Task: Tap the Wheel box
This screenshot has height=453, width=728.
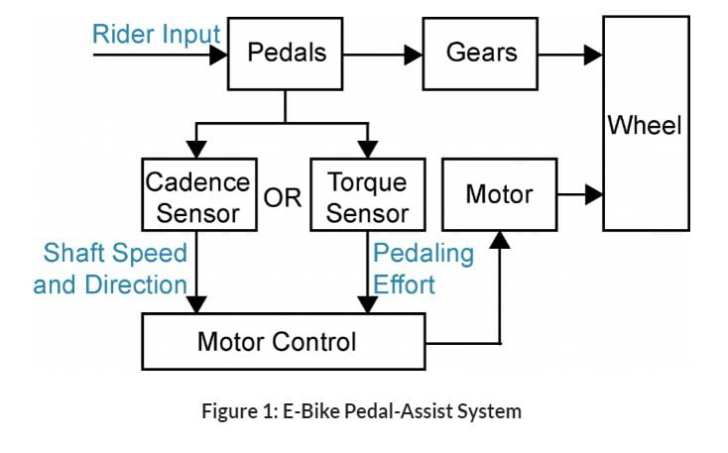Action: coord(645,124)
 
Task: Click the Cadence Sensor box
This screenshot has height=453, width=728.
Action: coord(198,195)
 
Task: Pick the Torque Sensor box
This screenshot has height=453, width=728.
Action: coord(367,195)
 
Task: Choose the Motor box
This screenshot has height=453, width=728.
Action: coord(498,194)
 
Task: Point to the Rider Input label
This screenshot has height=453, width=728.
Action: coord(156,35)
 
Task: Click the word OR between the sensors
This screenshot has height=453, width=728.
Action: coord(283,197)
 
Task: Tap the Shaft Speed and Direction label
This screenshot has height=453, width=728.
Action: coord(111,269)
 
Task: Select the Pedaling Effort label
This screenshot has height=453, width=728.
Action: coord(423,269)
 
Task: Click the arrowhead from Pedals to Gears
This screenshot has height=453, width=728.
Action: coord(414,55)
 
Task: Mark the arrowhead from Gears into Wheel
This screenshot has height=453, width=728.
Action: coord(593,55)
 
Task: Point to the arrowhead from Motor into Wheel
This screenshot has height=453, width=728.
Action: coord(593,194)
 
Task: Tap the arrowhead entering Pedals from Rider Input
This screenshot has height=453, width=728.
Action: coord(218,55)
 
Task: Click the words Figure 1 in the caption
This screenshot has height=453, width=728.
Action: coord(238,410)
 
